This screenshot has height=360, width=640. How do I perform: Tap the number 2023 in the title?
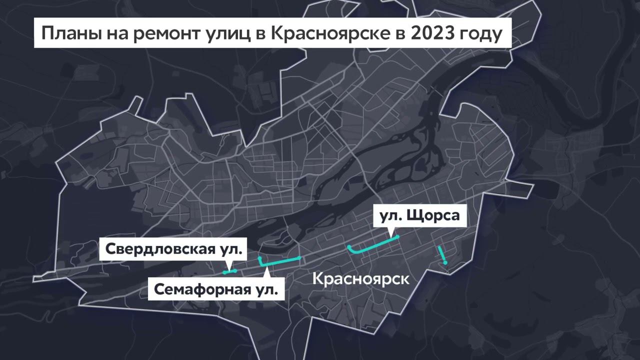pos(432,33)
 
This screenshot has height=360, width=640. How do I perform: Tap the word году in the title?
pos(482,33)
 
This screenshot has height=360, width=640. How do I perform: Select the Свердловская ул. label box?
pos(174,249)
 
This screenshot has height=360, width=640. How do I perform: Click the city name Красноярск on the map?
pos(360,278)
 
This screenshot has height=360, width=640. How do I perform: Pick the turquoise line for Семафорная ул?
pos(280,261)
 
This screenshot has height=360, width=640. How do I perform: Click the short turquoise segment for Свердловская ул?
pos(229,272)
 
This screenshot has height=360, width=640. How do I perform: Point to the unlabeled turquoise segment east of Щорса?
pos(442,255)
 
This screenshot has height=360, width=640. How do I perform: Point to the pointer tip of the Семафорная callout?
pos(267,268)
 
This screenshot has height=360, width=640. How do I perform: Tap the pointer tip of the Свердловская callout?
pos(228,268)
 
